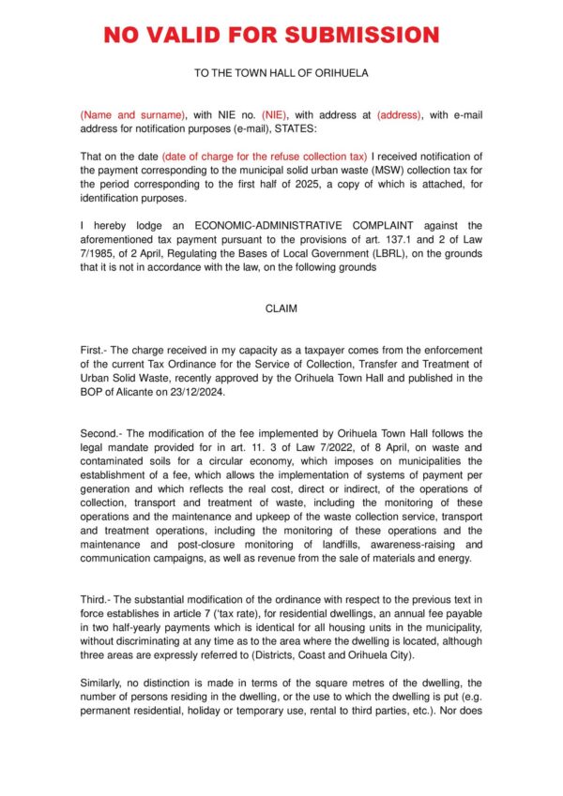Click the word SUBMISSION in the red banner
(362, 36)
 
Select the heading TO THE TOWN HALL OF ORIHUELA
(281, 72)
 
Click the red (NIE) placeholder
(279, 115)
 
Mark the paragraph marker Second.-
(103, 433)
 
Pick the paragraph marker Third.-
(98, 597)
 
